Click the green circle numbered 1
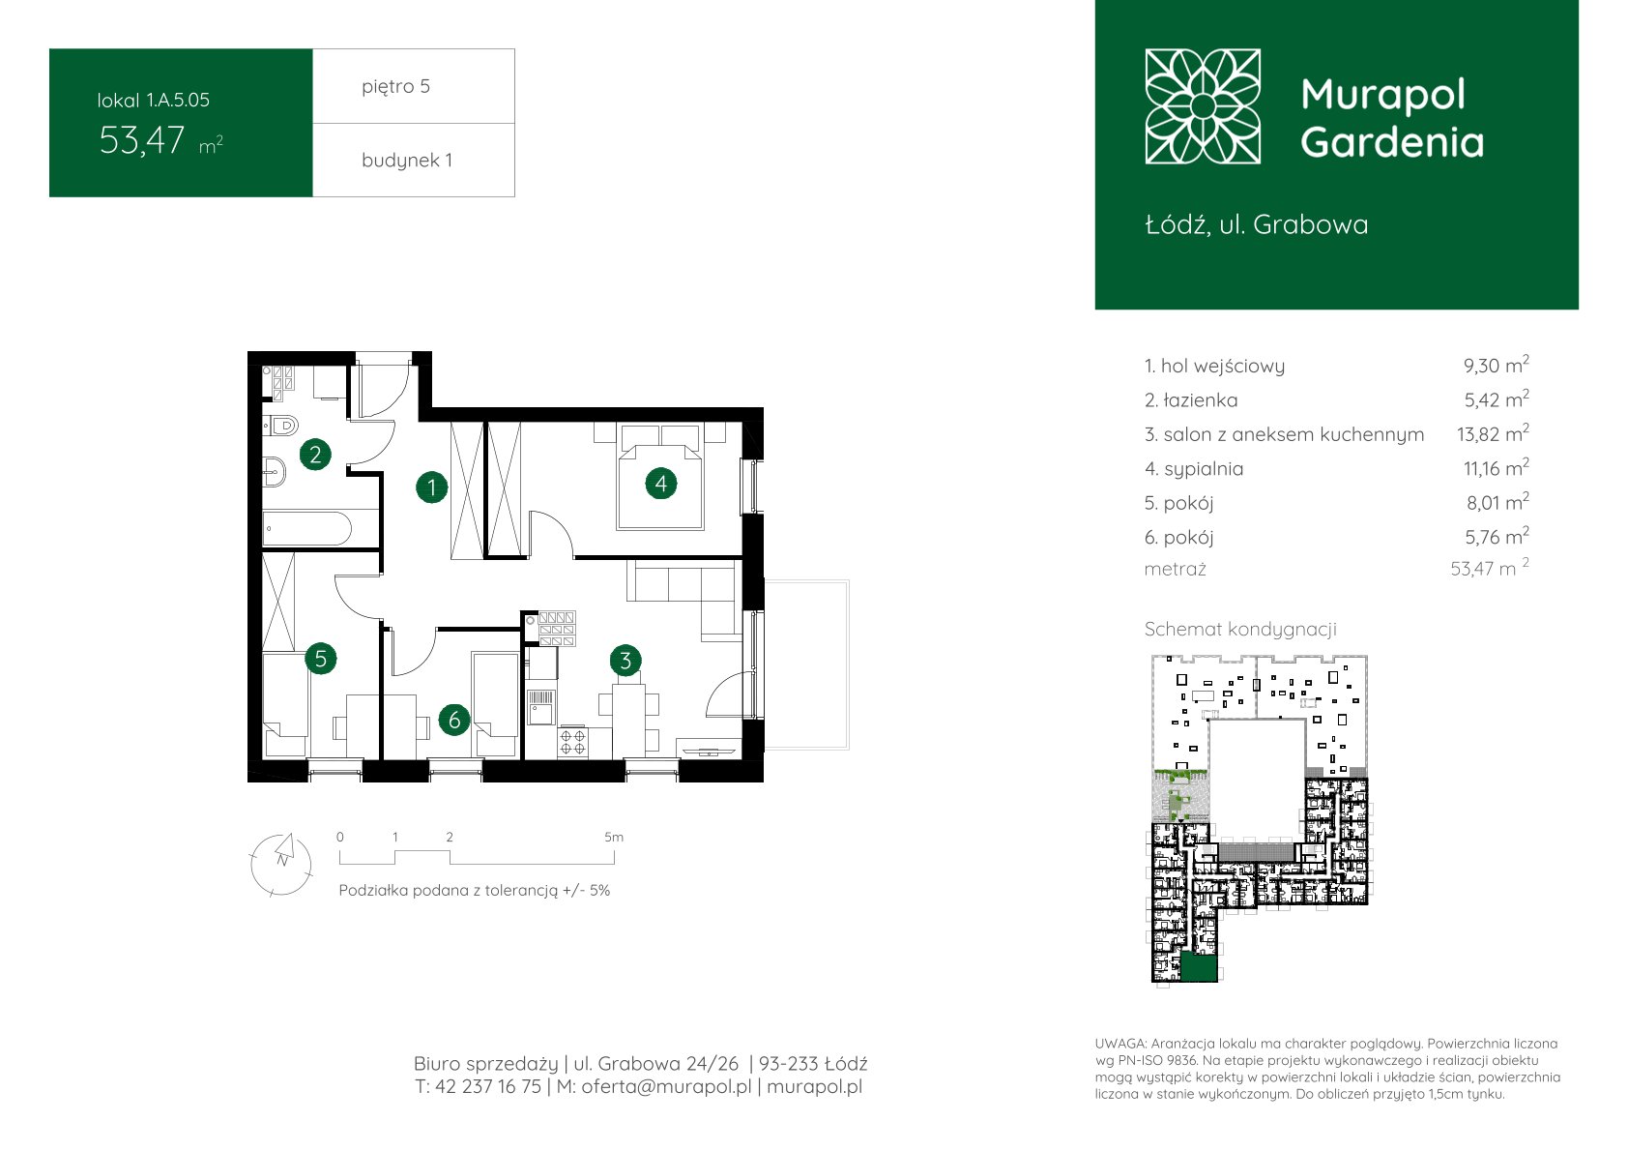point(432,487)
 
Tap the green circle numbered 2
point(315,455)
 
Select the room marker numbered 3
point(625,661)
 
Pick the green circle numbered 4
point(661,484)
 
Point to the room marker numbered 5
point(321,659)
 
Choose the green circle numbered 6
point(454,720)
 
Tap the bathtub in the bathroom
point(307,529)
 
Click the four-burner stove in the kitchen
point(572,742)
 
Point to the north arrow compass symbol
point(281,864)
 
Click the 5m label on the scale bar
point(614,837)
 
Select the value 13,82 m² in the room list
point(1493,433)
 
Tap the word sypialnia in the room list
point(1204,469)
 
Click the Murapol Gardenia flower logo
point(1203,106)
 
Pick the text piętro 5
point(396,86)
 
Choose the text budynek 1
point(407,160)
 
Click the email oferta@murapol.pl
point(666,1087)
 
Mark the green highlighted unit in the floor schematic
point(1199,968)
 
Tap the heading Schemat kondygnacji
point(1240,630)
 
